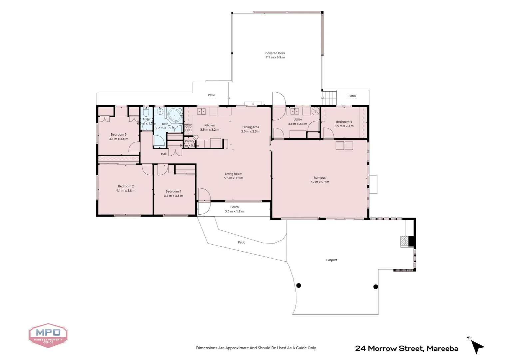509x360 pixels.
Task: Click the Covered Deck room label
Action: pyautogui.click(x=275, y=53)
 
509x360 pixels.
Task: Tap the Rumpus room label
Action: pyautogui.click(x=319, y=178)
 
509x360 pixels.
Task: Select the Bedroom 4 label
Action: pyautogui.click(x=344, y=122)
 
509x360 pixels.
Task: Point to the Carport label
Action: pyautogui.click(x=331, y=260)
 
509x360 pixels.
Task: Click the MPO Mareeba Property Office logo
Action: pyautogui.click(x=48, y=335)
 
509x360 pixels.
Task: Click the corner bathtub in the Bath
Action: pyautogui.click(x=175, y=115)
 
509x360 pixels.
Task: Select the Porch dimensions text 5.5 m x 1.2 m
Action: pyautogui.click(x=235, y=211)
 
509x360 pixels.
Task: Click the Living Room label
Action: pyautogui.click(x=234, y=174)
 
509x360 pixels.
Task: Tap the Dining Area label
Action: pyautogui.click(x=251, y=127)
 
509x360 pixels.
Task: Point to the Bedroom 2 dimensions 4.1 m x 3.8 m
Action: pyautogui.click(x=126, y=191)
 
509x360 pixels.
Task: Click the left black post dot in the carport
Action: pyautogui.click(x=299, y=285)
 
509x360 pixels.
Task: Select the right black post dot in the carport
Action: pyautogui.click(x=375, y=287)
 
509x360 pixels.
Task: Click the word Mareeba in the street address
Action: pyautogui.click(x=442, y=349)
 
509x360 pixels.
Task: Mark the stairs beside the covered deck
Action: pyautogui.click(x=329, y=98)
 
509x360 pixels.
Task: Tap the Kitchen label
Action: pyautogui.click(x=210, y=125)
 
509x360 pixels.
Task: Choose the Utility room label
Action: pyautogui.click(x=297, y=120)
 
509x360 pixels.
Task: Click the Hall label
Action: pyautogui.click(x=164, y=154)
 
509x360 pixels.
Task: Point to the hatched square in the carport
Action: pyautogui.click(x=404, y=242)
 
